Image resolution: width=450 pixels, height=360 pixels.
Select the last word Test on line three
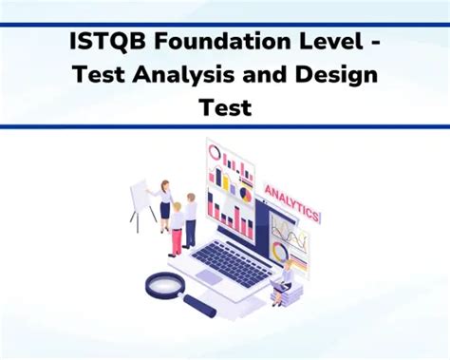(x=225, y=108)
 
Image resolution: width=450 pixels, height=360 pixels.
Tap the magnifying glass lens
(x=164, y=284)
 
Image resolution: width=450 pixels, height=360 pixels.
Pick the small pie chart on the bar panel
(x=245, y=194)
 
